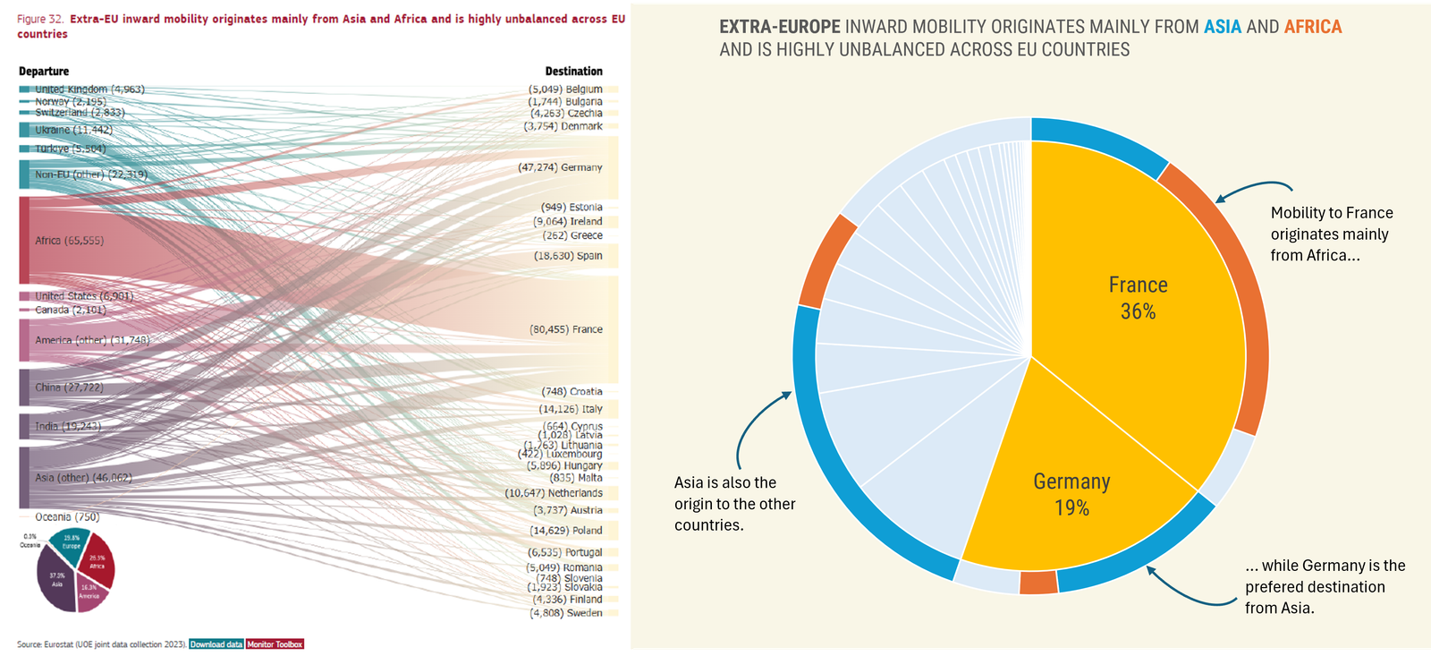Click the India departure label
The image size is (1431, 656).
(68, 427)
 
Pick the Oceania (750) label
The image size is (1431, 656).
(67, 517)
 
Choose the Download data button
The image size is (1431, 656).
(216, 644)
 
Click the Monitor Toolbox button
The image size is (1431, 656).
(275, 644)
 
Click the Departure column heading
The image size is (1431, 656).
(44, 72)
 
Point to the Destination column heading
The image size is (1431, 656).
(573, 72)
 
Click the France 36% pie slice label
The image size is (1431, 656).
(1138, 298)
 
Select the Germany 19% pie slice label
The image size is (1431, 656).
(1071, 494)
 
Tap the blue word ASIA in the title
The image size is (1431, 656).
(1222, 27)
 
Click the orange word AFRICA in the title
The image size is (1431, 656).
(1312, 27)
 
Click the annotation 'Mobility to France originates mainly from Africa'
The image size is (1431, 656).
(1331, 234)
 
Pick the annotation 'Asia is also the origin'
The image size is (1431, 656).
(734, 504)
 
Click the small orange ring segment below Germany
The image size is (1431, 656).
(1038, 582)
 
